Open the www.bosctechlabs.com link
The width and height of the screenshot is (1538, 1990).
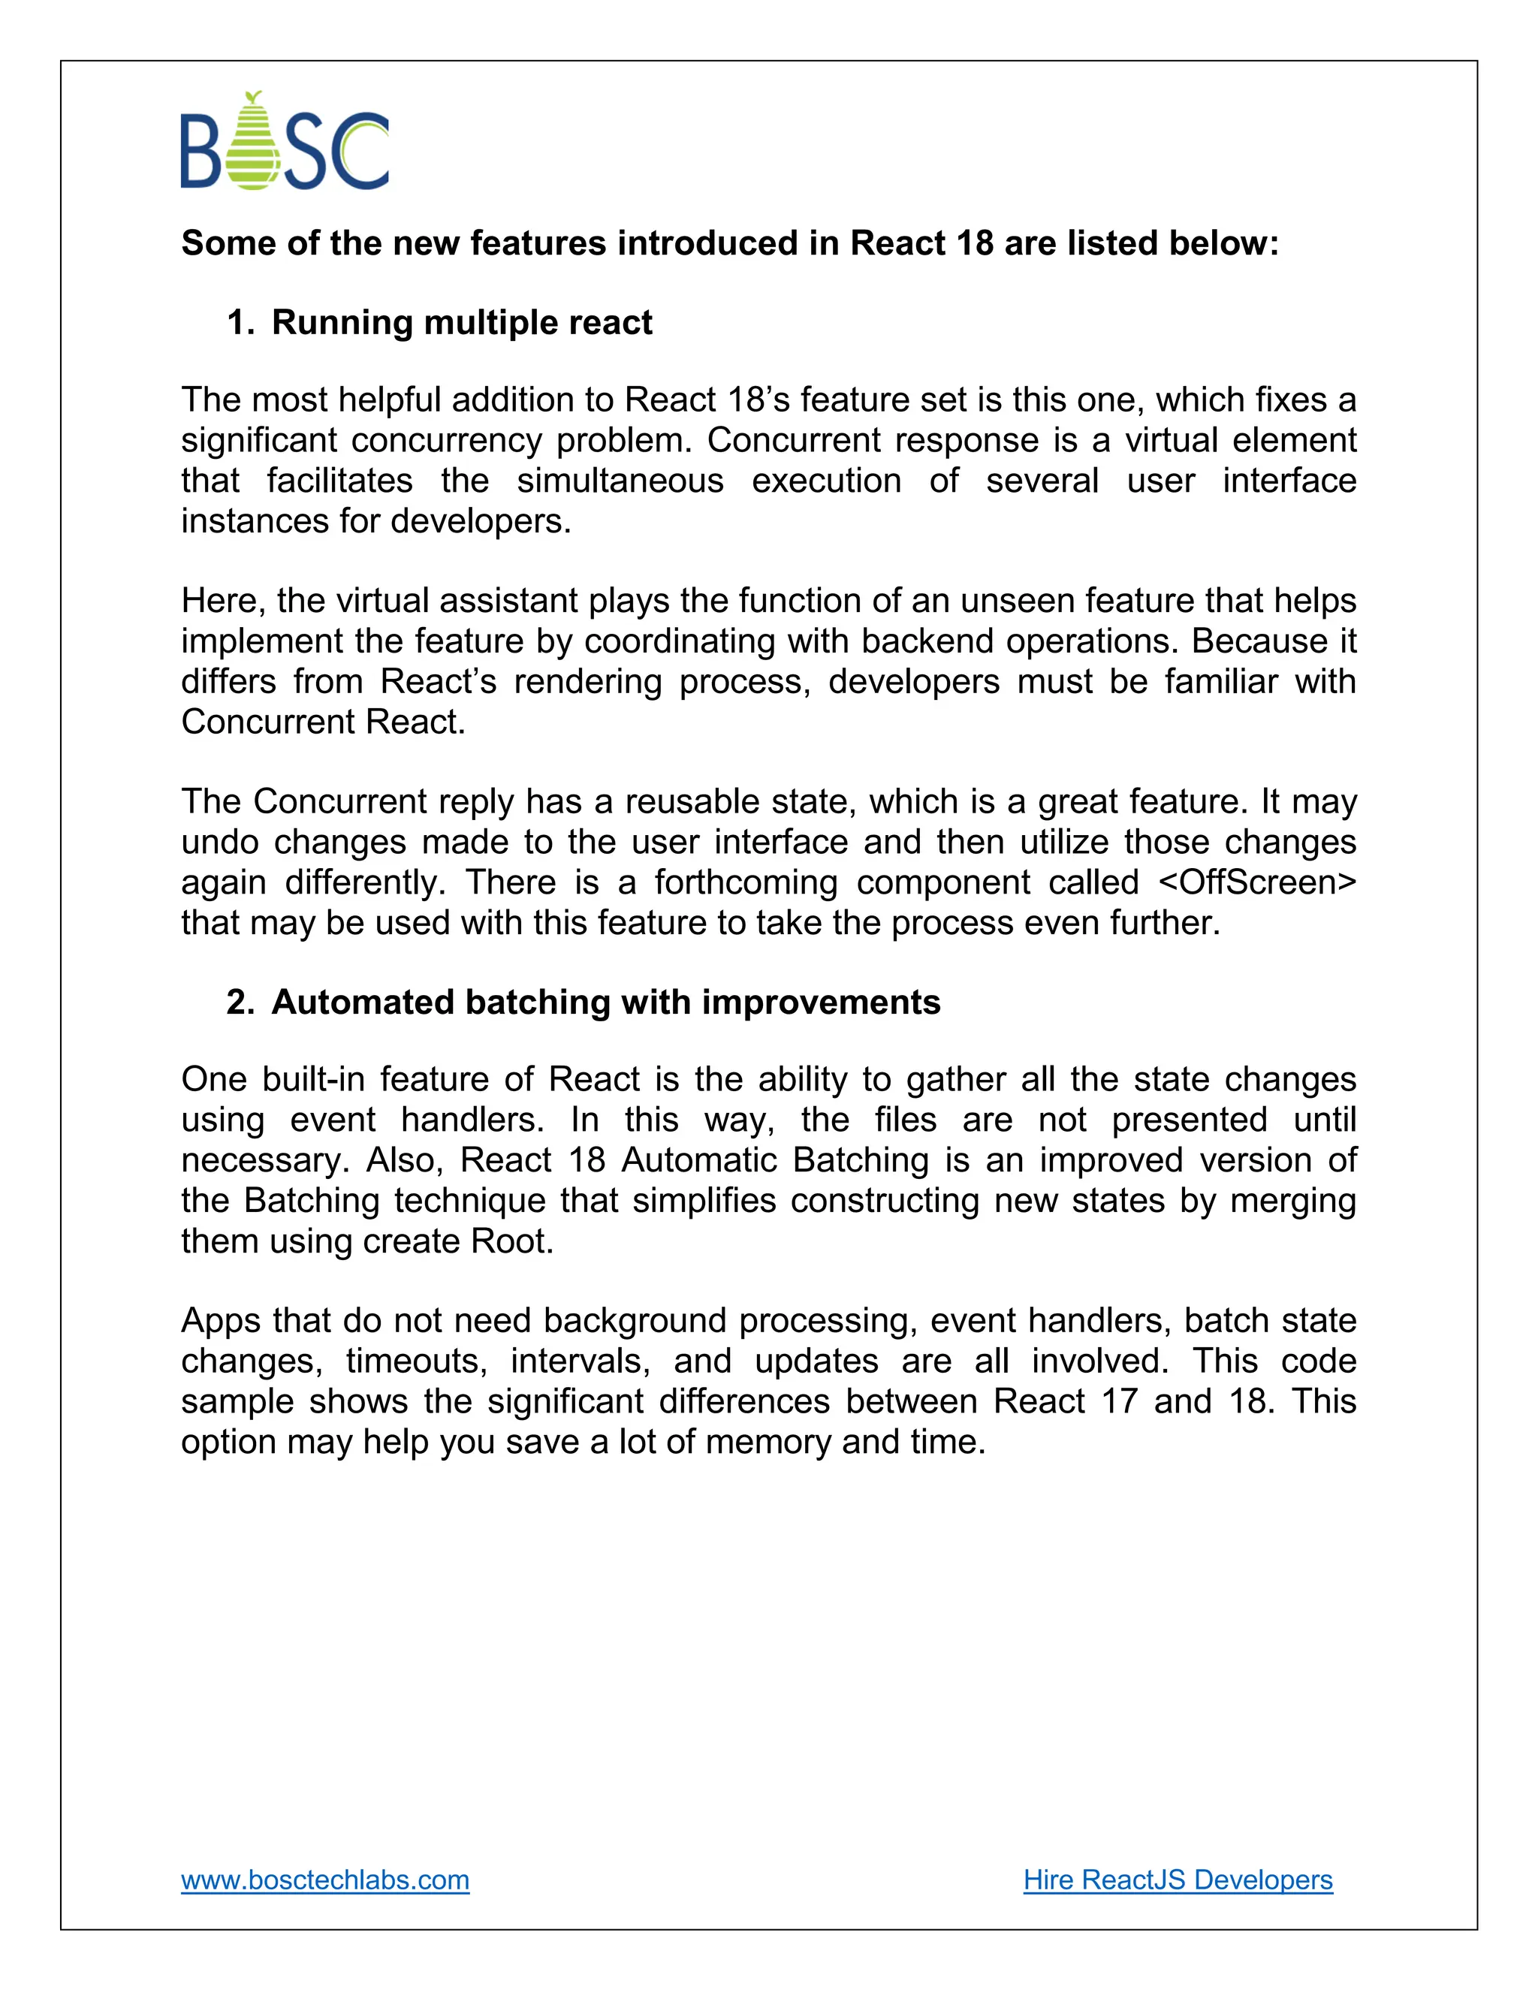(325, 1880)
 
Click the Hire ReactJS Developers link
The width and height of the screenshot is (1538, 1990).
(1178, 1880)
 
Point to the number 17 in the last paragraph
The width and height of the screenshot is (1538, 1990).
(1119, 1401)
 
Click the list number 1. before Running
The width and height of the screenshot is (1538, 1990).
(240, 323)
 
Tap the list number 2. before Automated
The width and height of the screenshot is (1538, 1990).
(240, 1003)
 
